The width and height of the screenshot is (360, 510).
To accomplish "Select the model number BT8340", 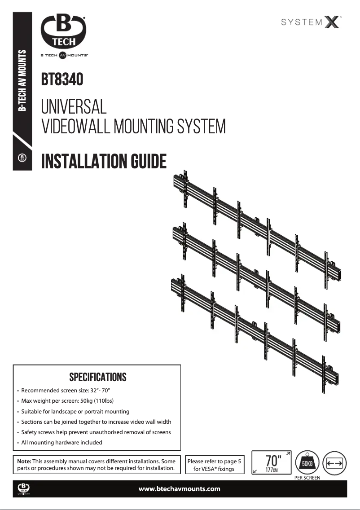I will pyautogui.click(x=62, y=80).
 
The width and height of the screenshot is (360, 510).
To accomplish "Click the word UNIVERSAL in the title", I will pyautogui.click(x=74, y=107).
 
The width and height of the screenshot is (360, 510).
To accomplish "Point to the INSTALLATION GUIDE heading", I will pyautogui.click(x=104, y=161).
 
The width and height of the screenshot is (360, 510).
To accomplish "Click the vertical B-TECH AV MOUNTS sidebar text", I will pyautogui.click(x=22, y=81).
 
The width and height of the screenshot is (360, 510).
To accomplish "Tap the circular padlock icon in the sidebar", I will pyautogui.click(x=22, y=158).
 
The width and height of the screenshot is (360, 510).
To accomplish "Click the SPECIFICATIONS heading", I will pyautogui.click(x=97, y=377).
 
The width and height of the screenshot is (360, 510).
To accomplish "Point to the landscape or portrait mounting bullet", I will pyautogui.click(x=75, y=411).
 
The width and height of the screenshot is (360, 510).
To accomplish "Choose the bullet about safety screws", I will pyautogui.click(x=96, y=432).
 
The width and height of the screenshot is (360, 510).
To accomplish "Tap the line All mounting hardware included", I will pyautogui.click(x=61, y=442).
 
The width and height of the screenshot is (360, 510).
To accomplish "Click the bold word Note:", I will pyautogui.click(x=24, y=461).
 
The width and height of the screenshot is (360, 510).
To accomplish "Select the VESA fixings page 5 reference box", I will pyautogui.click(x=214, y=465).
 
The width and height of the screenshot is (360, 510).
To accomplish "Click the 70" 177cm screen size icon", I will pyautogui.click(x=271, y=462).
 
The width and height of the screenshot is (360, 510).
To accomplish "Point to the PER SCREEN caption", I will pyautogui.click(x=307, y=478).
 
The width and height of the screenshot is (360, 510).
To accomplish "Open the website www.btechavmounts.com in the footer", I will pyautogui.click(x=180, y=489).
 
